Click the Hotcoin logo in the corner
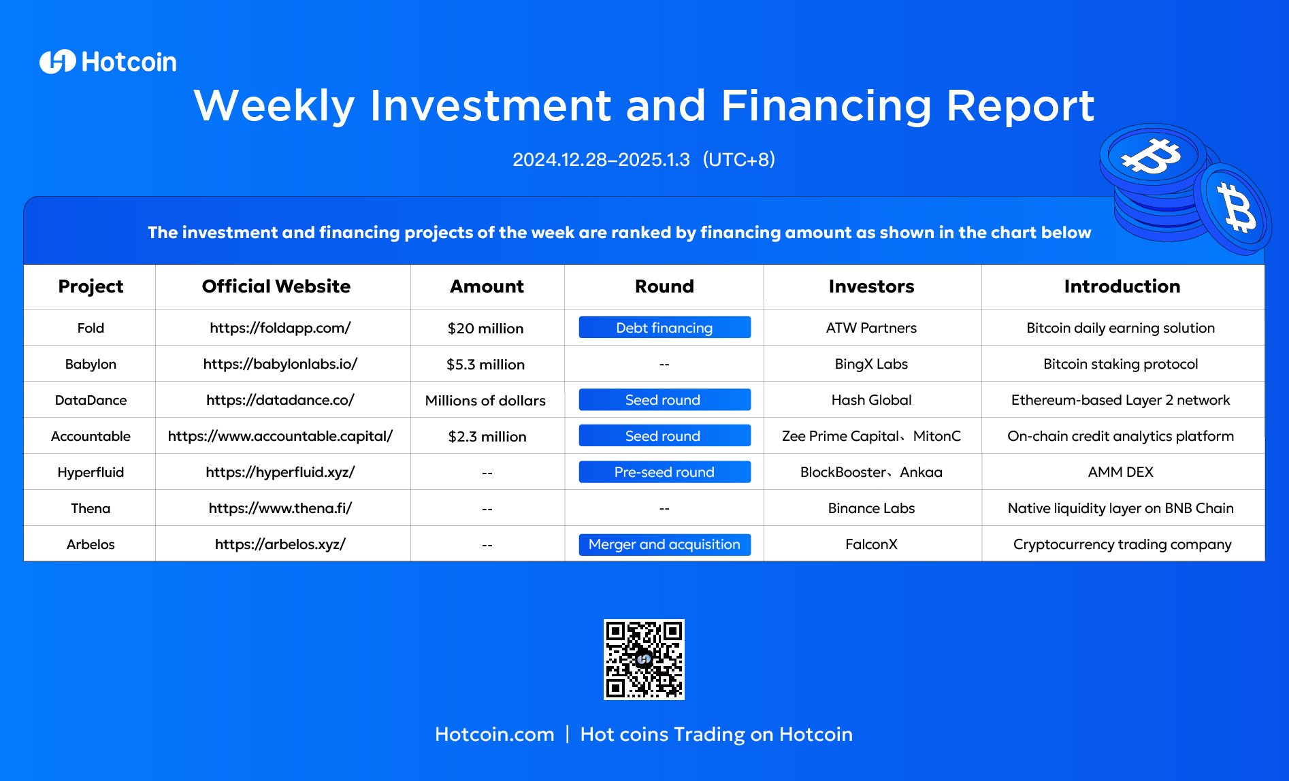tap(108, 62)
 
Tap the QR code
tap(644, 659)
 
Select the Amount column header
tap(487, 286)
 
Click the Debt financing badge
tap(665, 327)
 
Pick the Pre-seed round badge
tap(665, 472)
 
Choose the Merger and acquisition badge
tap(665, 544)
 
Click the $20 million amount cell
tap(486, 329)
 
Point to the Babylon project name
tap(91, 364)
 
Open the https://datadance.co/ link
tap(280, 400)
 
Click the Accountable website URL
tap(280, 436)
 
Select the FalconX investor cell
tap(872, 544)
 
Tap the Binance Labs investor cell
tap(872, 508)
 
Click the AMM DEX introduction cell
tap(1121, 472)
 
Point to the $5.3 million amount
tap(486, 365)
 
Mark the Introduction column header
tap(1122, 286)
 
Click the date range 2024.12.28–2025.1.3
tap(601, 160)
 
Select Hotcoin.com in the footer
tap(495, 735)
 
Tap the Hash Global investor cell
tap(872, 400)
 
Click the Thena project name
tap(91, 508)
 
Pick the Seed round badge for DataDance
tap(665, 400)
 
